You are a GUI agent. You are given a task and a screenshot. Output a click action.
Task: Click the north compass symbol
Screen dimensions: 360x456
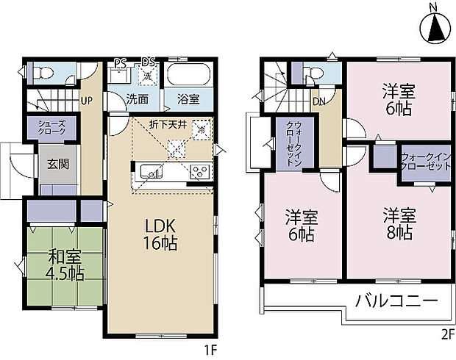click(x=434, y=26)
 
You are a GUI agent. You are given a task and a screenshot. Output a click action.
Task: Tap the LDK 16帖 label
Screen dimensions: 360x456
click(x=160, y=234)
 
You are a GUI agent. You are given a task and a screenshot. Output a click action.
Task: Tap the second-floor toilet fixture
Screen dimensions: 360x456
click(x=314, y=73)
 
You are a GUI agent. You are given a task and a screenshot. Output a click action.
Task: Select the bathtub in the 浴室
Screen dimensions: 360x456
click(x=188, y=76)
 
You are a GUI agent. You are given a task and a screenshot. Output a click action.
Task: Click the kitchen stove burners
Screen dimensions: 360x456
click(x=199, y=173)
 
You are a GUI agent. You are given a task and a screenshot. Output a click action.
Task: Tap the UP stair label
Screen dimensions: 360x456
click(x=86, y=101)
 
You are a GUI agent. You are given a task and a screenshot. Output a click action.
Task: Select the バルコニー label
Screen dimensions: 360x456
click(x=397, y=300)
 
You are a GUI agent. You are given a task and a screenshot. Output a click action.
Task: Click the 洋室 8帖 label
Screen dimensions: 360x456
click(x=399, y=224)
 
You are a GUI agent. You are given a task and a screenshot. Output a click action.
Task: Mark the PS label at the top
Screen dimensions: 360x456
click(x=119, y=63)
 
